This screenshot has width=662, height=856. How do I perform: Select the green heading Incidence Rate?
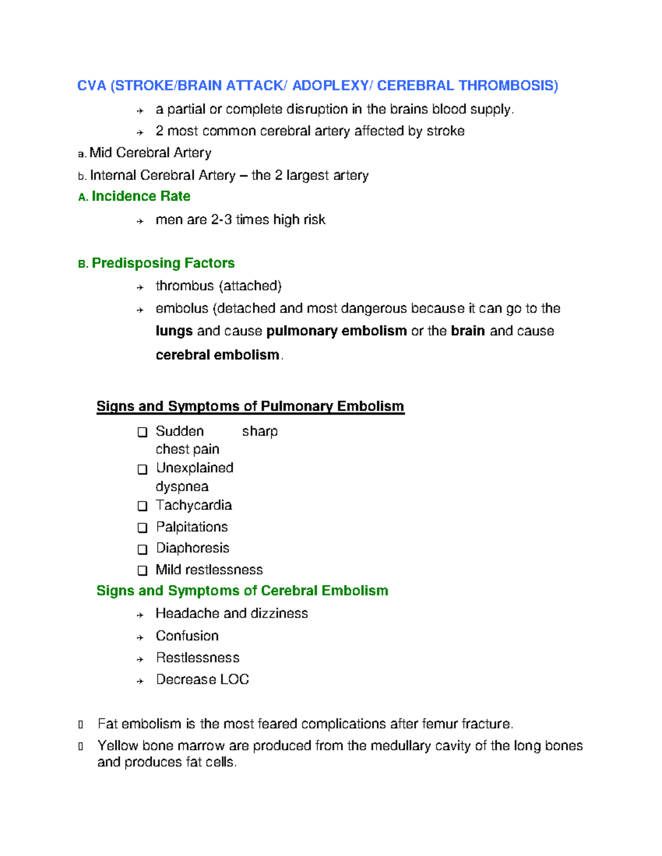point(141,196)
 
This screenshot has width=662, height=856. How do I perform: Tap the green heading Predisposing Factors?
point(163,263)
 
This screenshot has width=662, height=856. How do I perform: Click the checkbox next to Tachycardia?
point(142,506)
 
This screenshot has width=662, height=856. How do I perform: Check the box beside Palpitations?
point(142,527)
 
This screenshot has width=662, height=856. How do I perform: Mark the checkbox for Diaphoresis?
point(142,549)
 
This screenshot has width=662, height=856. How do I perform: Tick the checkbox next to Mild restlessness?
point(142,570)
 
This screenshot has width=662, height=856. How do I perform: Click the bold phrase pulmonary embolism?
point(336,331)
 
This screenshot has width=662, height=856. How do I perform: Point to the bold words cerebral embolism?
point(217,354)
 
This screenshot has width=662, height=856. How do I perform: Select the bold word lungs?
point(174,331)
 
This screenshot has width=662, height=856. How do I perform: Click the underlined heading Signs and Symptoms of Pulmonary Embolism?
point(250,406)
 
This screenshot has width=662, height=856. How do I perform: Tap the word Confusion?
point(187,636)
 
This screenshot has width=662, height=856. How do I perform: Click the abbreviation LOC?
point(234,679)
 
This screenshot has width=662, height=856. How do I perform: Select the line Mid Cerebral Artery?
point(150,153)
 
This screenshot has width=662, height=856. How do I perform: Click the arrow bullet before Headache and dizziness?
point(140,615)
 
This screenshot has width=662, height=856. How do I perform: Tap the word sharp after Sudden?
point(259,431)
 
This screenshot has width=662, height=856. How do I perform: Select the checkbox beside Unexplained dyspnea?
point(142,469)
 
